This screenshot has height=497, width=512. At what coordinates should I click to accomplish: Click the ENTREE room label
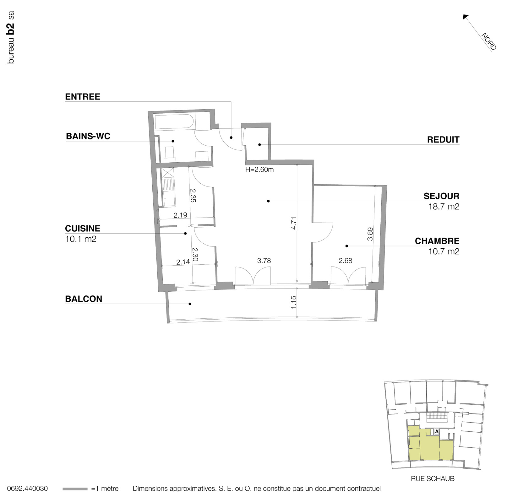(83, 97)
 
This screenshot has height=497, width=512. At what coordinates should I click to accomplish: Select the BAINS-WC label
(88, 136)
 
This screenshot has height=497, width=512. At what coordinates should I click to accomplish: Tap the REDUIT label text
(443, 140)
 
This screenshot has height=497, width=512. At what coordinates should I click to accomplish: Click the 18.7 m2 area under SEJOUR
(444, 207)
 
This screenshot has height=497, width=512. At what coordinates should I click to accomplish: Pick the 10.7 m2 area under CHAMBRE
(444, 251)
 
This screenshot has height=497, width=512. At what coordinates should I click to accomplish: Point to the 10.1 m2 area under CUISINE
(81, 239)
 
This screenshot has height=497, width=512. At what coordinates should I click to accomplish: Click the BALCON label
(84, 299)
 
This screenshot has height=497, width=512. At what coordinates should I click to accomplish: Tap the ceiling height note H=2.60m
(259, 170)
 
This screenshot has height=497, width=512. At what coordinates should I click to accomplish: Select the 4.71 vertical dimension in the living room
(294, 223)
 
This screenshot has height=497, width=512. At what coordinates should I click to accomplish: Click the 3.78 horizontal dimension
(264, 261)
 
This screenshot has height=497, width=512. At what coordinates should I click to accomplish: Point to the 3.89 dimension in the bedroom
(370, 234)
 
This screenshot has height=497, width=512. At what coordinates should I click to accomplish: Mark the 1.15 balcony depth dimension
(294, 302)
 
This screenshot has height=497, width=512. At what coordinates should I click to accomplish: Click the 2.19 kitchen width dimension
(180, 215)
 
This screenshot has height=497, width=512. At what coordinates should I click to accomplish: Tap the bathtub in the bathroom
(173, 122)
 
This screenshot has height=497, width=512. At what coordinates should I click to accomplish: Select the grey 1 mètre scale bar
(75, 489)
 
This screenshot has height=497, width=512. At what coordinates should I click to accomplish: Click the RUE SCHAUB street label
(433, 479)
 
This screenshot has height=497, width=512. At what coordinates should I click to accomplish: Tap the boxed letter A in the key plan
(436, 432)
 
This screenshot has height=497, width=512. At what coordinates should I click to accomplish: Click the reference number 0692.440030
(27, 489)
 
